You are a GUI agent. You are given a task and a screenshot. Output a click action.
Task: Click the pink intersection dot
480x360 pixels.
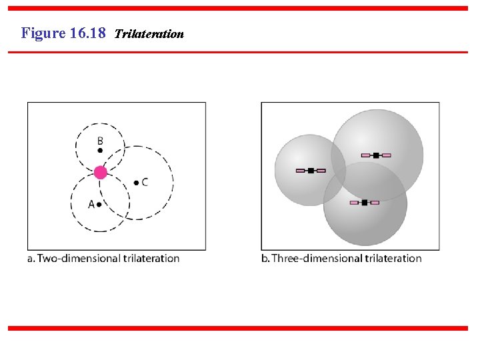click(100, 173)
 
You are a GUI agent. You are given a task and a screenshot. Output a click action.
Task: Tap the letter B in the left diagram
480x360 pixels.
click(100, 141)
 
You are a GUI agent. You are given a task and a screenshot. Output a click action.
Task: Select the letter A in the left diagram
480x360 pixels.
click(91, 204)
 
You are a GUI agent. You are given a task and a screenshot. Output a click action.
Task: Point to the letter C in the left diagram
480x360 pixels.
click(145, 182)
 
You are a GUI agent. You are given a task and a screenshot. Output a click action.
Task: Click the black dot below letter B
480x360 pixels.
click(100, 151)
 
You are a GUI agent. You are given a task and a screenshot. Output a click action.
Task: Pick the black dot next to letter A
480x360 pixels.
click(99, 204)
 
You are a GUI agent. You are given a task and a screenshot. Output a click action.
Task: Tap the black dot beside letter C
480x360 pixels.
click(136, 182)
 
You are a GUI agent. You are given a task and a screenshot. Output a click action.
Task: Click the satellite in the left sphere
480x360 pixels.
click(310, 171)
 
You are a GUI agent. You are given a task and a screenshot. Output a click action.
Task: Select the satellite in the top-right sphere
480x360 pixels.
click(376, 155)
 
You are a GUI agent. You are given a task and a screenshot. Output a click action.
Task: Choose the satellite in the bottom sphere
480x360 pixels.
click(365, 202)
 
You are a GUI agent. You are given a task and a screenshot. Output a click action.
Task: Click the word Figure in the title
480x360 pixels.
click(43, 33)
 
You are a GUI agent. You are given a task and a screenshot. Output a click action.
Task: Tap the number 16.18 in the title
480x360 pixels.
click(87, 33)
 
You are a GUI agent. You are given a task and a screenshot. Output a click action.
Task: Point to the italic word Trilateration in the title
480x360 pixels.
click(149, 33)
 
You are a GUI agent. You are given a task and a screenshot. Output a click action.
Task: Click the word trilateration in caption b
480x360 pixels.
click(389, 258)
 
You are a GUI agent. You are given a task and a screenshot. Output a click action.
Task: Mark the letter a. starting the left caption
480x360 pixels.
click(31, 259)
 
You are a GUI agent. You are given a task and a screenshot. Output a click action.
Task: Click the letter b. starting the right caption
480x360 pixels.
click(265, 258)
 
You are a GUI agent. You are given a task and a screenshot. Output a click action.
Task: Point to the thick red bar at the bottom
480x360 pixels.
click(238, 328)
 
